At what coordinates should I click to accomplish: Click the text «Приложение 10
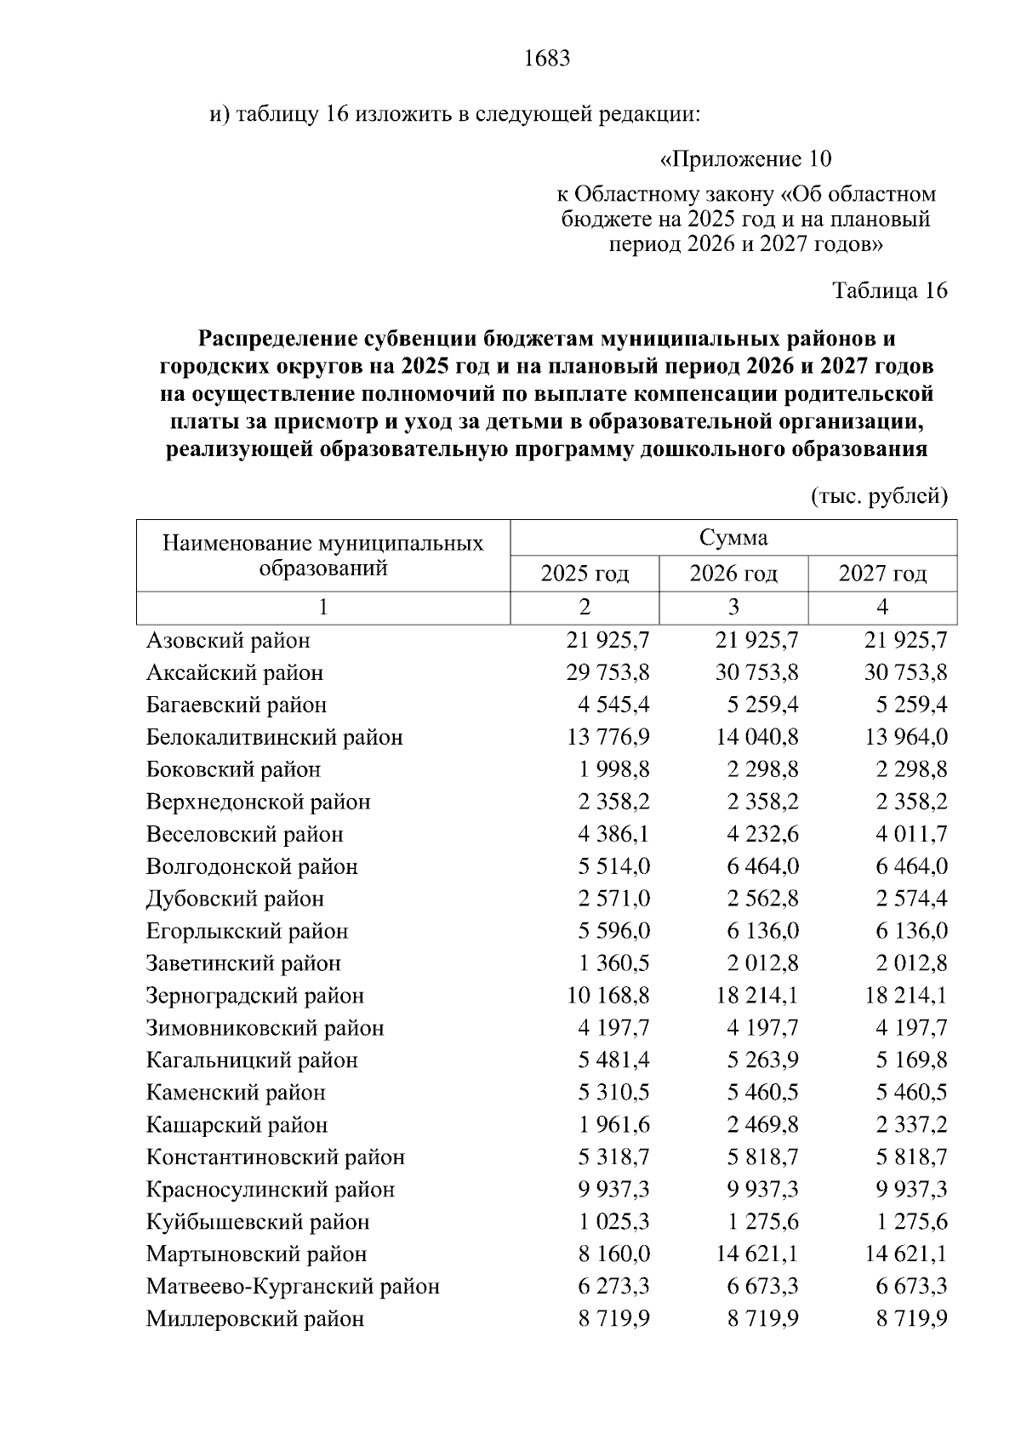[745, 159]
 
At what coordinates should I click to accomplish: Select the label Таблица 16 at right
[889, 290]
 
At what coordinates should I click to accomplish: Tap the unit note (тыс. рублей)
[879, 496]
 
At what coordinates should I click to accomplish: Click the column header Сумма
[733, 538]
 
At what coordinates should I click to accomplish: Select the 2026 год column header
[733, 574]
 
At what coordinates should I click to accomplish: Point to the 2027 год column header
[882, 574]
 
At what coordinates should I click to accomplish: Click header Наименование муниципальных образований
[322, 555]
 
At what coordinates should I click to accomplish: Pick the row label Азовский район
[228, 640]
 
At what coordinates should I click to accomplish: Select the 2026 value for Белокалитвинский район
[756, 737]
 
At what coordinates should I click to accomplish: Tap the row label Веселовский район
[244, 834]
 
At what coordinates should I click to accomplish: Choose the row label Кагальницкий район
[252, 1060]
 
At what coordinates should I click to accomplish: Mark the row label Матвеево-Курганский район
[293, 1287]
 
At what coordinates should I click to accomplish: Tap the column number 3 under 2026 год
[733, 608]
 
